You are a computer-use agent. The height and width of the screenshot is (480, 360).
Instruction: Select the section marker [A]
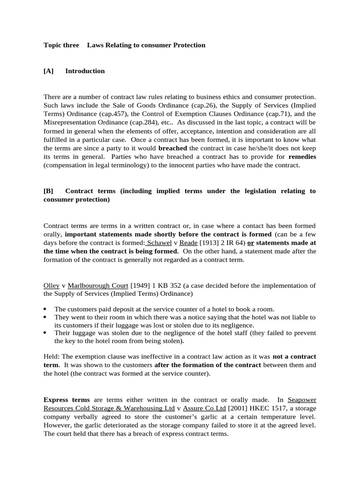[48, 71]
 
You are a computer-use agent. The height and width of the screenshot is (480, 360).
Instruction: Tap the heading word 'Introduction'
[85, 71]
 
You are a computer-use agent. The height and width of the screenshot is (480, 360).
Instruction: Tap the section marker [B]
[48, 191]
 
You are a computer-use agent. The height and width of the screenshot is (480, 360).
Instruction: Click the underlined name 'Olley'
[51, 285]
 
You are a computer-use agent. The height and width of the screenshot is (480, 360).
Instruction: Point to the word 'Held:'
[52, 357]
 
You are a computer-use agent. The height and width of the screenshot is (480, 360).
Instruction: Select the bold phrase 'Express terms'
[66, 400]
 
